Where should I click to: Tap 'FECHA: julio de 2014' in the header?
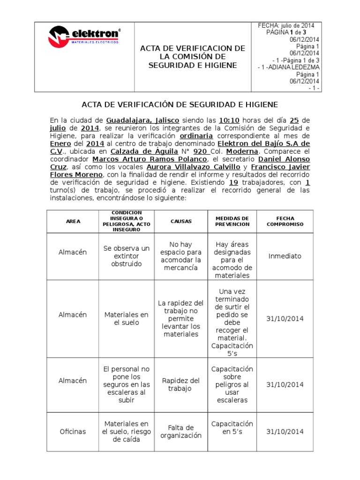(286, 25)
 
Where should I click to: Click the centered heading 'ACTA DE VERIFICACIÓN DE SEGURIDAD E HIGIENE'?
(180, 104)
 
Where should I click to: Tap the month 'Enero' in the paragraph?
(60, 143)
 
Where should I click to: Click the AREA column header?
(72, 222)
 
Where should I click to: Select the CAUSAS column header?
(181, 222)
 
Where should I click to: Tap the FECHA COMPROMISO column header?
(285, 222)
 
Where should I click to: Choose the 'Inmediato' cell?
(285, 256)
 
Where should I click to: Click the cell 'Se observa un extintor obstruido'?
(126, 256)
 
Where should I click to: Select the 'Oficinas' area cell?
(72, 432)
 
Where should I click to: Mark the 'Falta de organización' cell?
(181, 432)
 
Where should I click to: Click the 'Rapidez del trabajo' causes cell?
(181, 385)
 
